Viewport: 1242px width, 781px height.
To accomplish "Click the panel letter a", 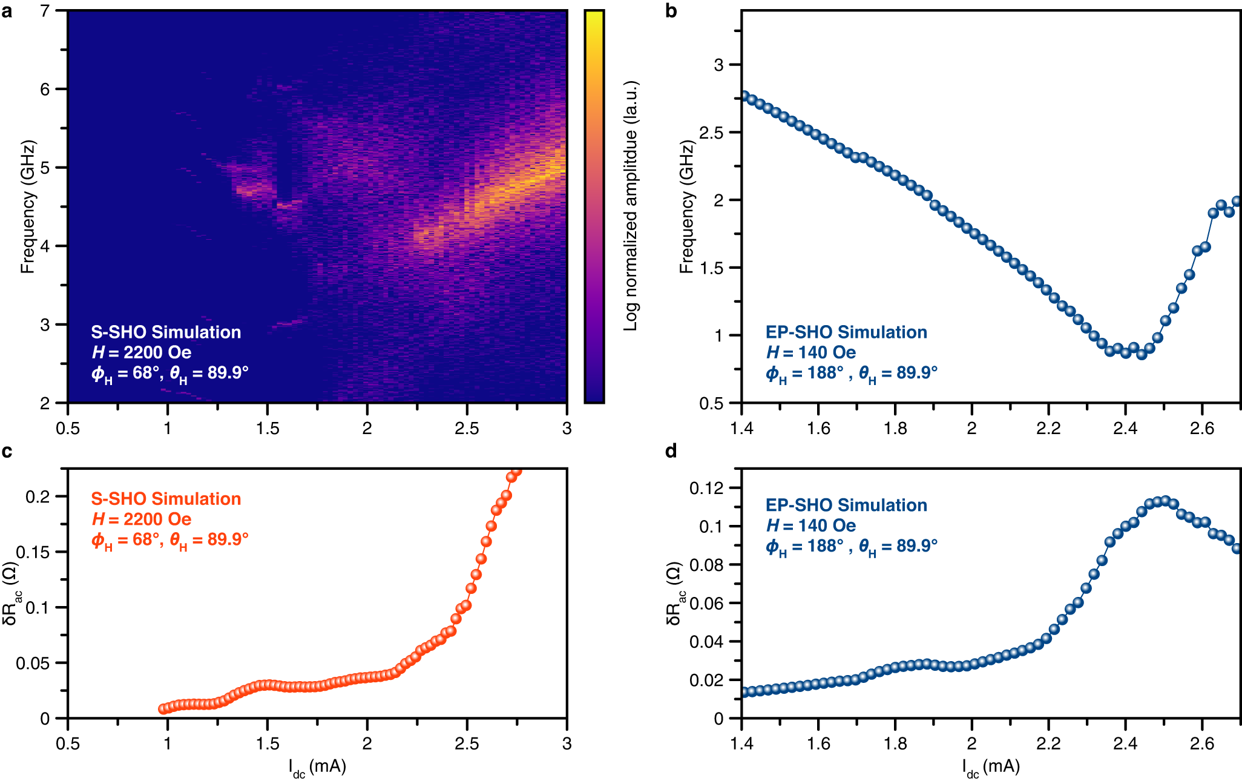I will click(7, 11).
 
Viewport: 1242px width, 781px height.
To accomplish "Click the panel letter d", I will click(671, 451).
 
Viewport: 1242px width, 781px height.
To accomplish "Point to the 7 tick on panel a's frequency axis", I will click(45, 11).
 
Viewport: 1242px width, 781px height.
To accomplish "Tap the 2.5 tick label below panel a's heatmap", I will click(467, 429).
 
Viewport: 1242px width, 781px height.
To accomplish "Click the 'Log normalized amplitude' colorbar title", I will click(631, 206).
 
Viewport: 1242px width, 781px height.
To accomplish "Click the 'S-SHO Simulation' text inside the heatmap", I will click(166, 332).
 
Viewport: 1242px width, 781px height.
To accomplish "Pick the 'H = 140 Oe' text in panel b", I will click(811, 352).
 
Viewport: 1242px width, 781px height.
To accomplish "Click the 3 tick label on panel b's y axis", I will click(718, 65).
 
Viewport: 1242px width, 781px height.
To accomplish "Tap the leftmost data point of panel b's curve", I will click(744, 96).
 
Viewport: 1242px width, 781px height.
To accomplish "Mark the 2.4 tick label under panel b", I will click(1125, 429).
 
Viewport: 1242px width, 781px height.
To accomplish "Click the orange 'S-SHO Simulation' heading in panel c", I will click(166, 499).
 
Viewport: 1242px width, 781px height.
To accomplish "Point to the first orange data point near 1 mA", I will click(163, 709).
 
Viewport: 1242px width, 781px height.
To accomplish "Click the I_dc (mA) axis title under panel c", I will click(317, 767).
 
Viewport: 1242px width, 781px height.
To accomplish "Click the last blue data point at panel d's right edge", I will click(1237, 549).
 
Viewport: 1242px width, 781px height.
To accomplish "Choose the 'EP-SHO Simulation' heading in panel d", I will click(846, 506).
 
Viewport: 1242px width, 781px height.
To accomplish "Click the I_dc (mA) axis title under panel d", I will click(991, 767).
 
